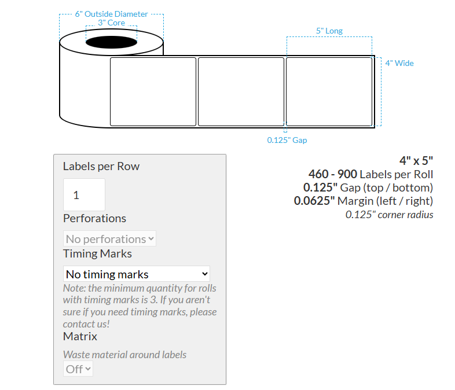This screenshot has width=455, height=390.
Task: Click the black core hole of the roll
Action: [112, 42]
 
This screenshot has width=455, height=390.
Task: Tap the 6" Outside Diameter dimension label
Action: [112, 14]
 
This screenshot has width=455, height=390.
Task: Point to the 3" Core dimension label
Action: [112, 23]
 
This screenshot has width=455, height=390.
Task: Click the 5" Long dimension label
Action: [329, 30]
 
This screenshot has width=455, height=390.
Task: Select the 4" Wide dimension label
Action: [399, 63]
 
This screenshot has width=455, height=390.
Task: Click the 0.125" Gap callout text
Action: [287, 140]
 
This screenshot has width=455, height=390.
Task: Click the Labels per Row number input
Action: [84, 195]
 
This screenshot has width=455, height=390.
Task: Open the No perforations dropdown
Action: [109, 238]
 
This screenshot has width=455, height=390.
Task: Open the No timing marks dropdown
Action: [136, 274]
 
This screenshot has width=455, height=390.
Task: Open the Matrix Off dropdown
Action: [78, 369]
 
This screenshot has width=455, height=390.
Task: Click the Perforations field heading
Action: [94, 218]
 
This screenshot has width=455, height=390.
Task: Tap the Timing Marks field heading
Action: [97, 253]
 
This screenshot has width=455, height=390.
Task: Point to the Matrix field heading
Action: [80, 336]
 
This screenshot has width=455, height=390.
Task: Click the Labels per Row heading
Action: [101, 166]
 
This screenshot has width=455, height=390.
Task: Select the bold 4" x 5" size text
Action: [416, 160]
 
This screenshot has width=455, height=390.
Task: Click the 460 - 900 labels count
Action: [332, 174]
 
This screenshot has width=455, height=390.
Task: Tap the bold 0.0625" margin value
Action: [314, 201]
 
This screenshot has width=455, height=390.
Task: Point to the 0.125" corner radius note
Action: [389, 215]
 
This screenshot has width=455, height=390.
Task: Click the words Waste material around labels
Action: [124, 354]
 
